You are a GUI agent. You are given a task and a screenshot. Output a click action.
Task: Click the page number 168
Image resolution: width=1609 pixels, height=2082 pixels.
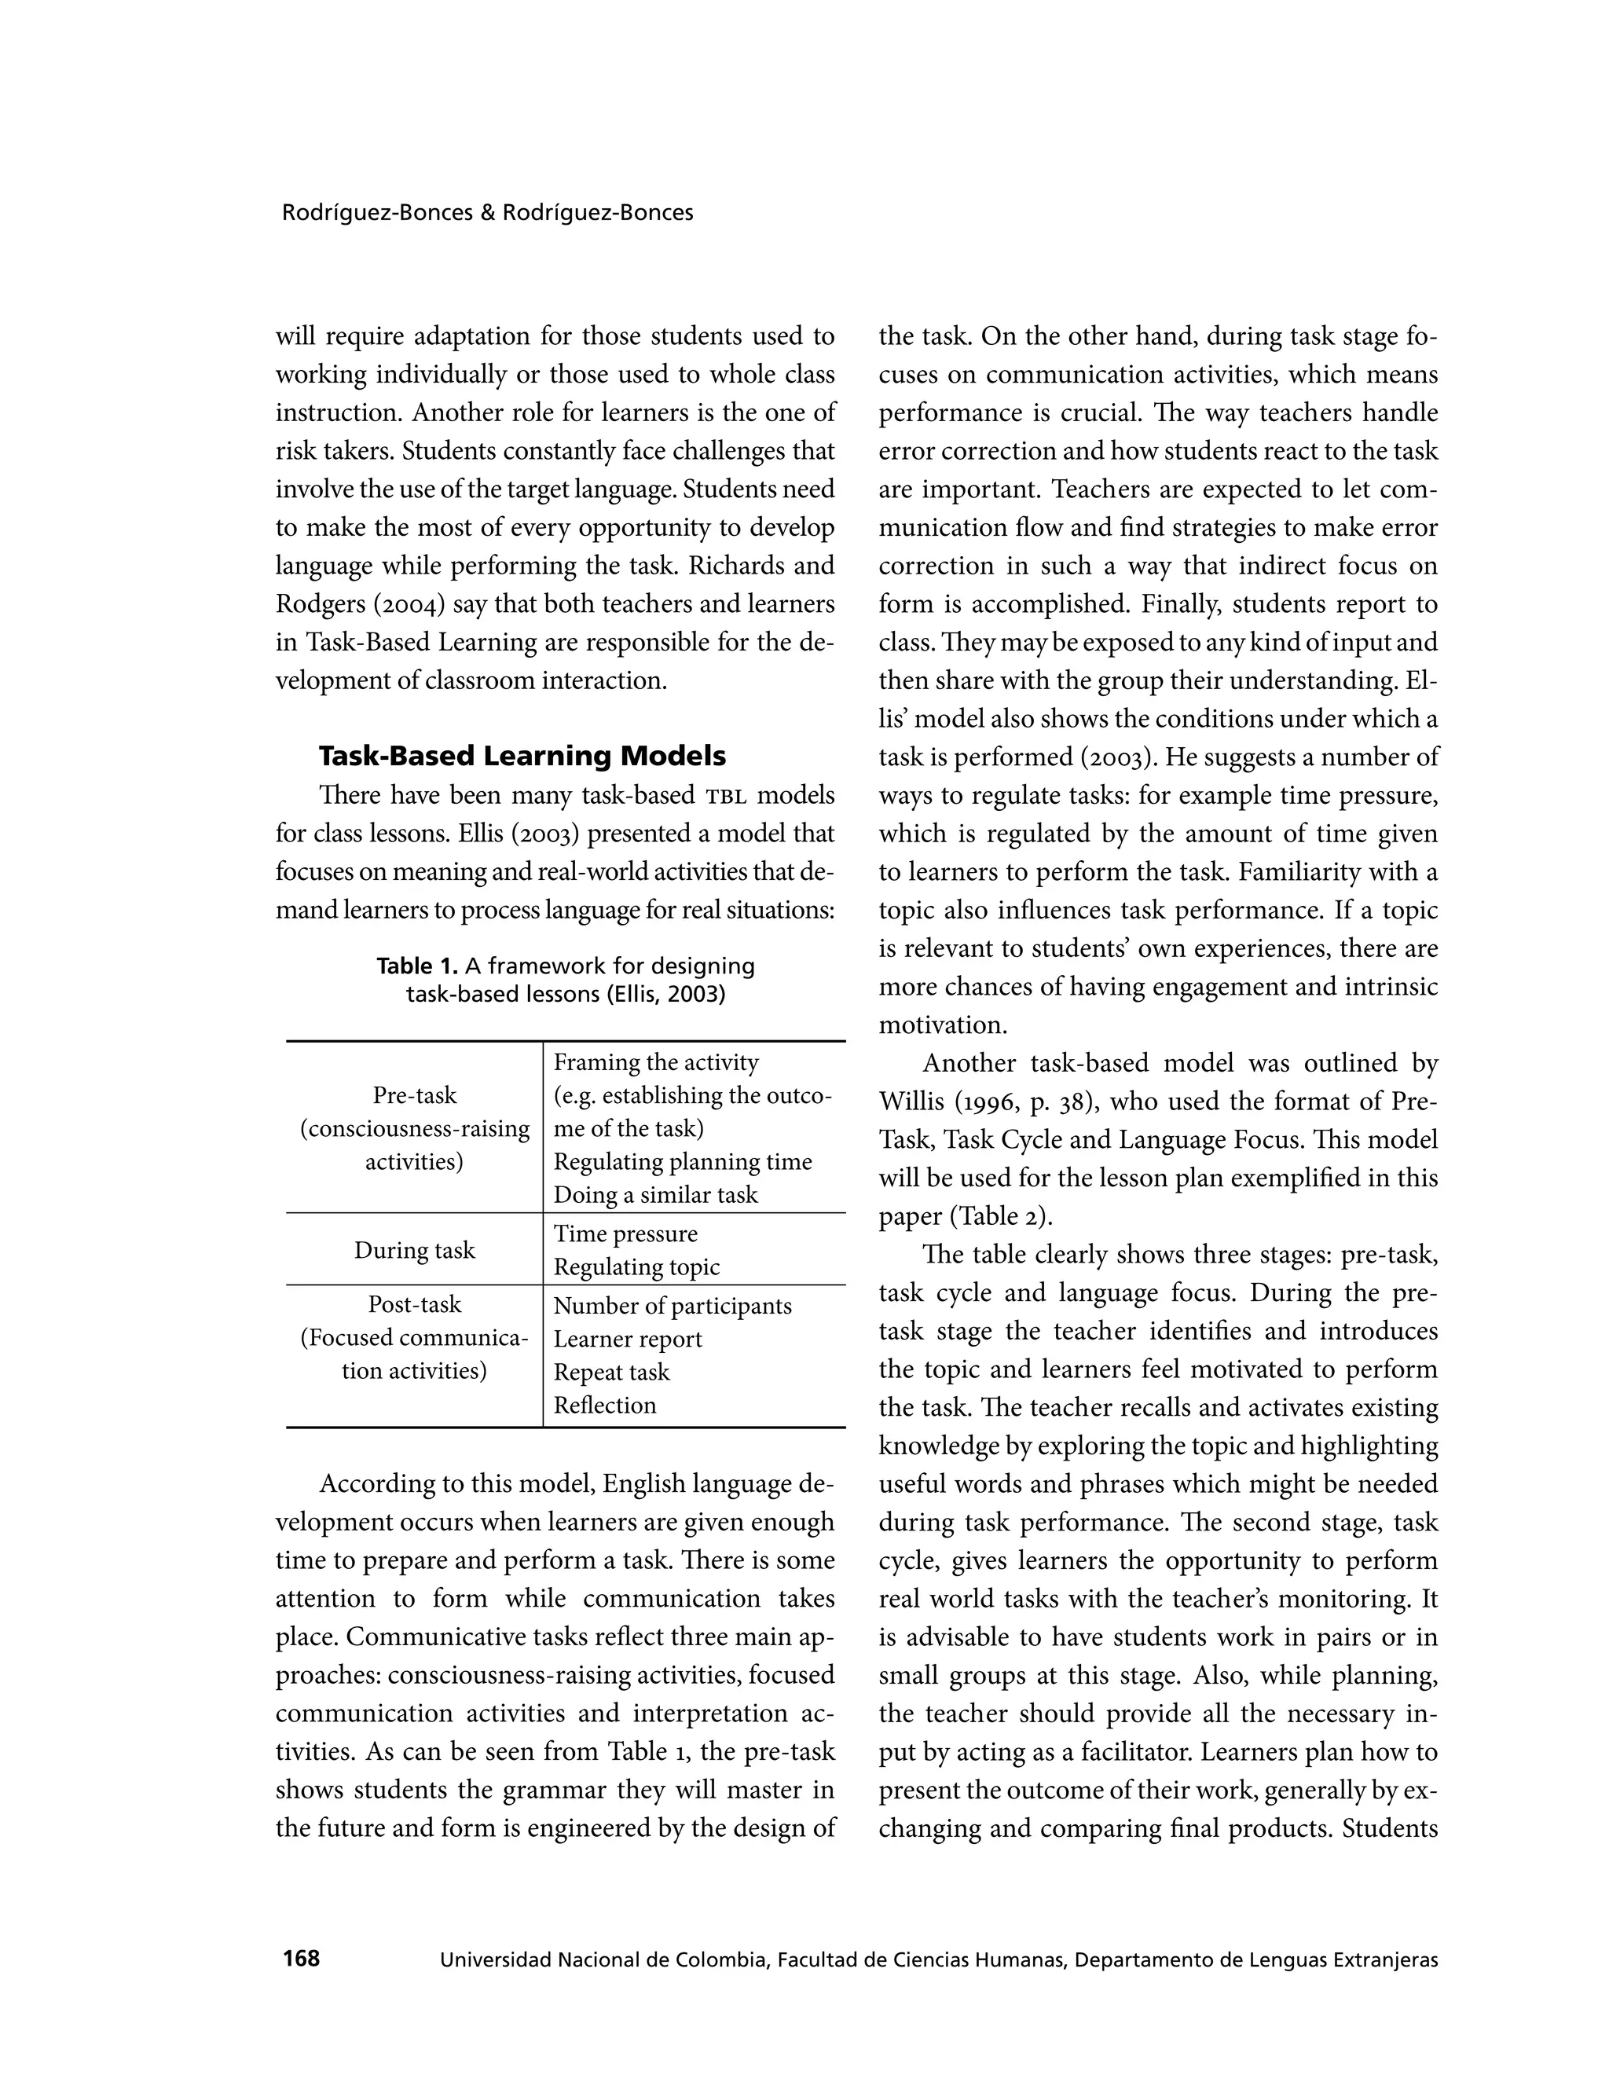(301, 1959)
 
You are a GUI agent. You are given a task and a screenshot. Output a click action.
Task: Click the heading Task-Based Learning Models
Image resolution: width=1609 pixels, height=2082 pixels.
(522, 756)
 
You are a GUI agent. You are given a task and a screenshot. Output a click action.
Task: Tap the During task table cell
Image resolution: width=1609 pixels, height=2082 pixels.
(414, 1250)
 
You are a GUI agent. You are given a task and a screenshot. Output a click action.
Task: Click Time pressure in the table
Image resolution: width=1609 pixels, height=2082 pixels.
(625, 1233)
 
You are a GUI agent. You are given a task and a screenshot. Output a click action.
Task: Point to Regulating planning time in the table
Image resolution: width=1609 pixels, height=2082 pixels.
(683, 1161)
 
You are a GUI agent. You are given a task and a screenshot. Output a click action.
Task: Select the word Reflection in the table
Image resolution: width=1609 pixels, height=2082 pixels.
(604, 1406)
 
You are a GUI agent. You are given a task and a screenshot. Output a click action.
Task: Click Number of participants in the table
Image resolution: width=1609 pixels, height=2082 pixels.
(672, 1305)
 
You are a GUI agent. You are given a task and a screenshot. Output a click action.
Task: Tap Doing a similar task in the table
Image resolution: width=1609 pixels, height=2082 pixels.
(655, 1194)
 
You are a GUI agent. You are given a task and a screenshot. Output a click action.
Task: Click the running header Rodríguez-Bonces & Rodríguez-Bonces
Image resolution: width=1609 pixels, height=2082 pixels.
(487, 213)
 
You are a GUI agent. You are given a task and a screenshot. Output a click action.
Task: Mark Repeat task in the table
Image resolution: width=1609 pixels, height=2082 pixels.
(611, 1372)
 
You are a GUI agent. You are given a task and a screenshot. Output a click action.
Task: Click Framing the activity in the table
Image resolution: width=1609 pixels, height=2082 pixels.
(656, 1062)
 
